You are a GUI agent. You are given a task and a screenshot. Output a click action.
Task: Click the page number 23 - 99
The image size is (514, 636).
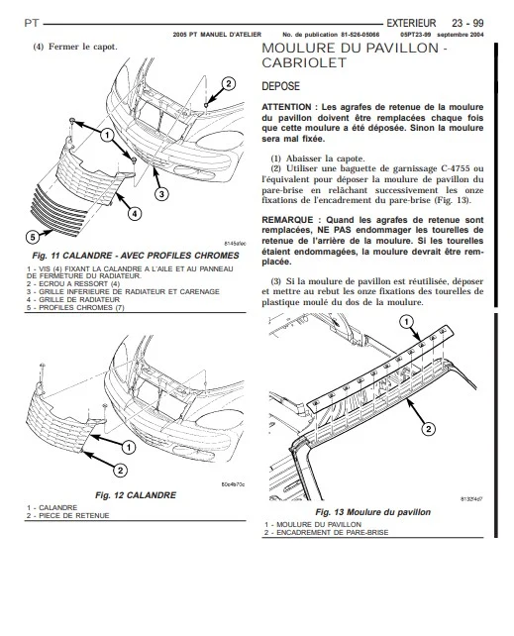click(x=467, y=23)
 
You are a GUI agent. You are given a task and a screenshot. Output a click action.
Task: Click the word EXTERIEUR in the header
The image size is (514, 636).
click(x=411, y=23)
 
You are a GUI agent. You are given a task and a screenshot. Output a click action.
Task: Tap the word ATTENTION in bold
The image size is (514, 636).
click(x=286, y=107)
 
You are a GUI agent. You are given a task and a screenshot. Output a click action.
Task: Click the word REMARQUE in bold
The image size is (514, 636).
click(x=287, y=220)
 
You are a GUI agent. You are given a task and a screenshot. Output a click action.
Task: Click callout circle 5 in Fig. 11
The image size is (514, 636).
click(x=33, y=237)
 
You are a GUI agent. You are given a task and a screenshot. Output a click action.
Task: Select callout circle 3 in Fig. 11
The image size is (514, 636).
click(x=161, y=194)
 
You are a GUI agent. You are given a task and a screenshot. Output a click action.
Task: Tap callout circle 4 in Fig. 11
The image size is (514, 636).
click(x=135, y=213)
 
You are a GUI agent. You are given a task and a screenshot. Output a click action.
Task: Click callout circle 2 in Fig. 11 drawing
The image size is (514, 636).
click(x=228, y=84)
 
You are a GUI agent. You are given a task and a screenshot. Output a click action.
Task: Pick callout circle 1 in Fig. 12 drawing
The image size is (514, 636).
click(x=129, y=448)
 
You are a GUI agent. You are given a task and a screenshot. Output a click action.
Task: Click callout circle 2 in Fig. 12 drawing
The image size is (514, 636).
click(x=120, y=471)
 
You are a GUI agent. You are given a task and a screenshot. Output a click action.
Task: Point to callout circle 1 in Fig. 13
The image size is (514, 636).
click(x=406, y=323)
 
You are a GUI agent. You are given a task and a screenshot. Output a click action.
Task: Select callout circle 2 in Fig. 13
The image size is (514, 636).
click(x=429, y=429)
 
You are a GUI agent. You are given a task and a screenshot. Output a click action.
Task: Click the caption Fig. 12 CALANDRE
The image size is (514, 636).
click(x=136, y=495)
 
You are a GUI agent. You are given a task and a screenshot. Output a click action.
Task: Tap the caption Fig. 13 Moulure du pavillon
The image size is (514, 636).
click(x=373, y=512)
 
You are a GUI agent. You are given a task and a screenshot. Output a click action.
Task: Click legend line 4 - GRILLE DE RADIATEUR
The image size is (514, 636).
click(x=73, y=300)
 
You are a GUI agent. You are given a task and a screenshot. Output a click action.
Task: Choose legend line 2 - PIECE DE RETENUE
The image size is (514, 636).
click(x=68, y=516)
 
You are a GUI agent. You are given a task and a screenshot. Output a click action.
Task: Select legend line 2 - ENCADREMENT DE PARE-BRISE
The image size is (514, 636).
click(x=326, y=533)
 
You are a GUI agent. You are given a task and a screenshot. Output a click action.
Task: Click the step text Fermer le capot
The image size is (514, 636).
click(x=82, y=47)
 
